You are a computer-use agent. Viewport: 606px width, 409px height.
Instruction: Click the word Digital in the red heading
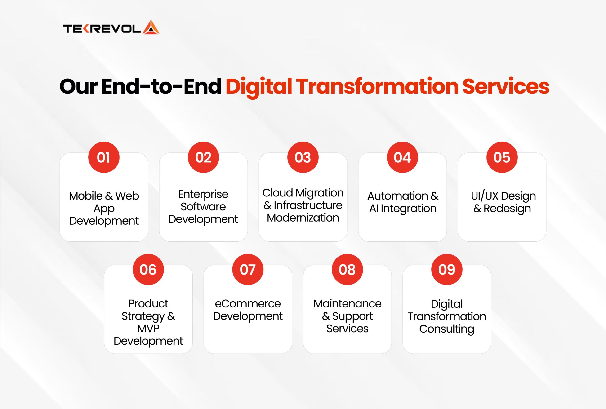coord(258,87)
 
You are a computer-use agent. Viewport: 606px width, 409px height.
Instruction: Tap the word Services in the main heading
coord(506,87)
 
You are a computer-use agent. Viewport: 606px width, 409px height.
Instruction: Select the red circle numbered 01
coord(104,157)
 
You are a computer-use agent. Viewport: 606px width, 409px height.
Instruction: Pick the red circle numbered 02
coord(203,157)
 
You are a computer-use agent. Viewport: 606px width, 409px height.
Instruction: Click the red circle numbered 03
coord(303,157)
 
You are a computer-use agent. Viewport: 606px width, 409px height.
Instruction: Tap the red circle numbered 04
coord(402,157)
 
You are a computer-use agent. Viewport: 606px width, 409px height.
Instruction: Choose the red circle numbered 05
coord(502,157)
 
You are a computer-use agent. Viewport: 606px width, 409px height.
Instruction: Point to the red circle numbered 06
coord(148,269)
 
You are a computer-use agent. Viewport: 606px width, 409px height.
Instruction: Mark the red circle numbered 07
coord(248,269)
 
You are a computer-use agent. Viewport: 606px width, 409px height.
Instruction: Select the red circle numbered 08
coord(347,269)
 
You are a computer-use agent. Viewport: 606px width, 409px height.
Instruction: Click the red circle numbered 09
coord(447,269)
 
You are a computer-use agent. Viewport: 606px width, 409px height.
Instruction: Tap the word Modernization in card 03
coord(303,218)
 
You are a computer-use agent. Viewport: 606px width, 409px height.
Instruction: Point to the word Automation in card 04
coord(398,196)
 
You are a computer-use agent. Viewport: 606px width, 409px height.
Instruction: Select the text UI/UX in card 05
coord(485,196)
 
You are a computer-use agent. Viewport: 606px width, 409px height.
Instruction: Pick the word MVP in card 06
coord(148,329)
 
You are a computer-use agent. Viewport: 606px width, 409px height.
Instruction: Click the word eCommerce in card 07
coord(248,304)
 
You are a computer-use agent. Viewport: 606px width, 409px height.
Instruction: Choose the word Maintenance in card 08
coord(347,304)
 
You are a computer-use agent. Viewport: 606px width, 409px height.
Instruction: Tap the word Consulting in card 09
coord(447,329)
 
